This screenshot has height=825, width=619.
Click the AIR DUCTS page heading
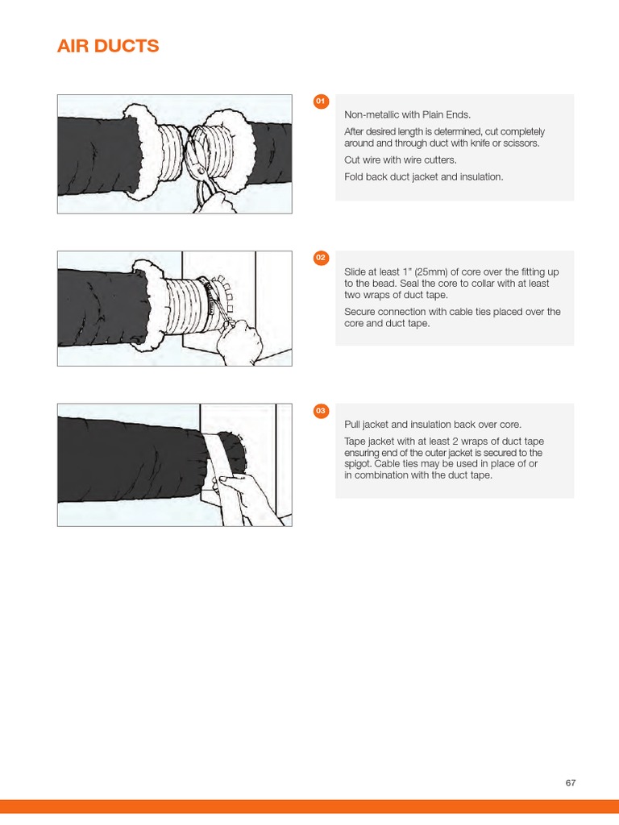click(108, 46)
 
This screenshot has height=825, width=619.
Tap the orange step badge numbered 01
click(321, 101)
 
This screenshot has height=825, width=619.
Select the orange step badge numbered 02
click(321, 258)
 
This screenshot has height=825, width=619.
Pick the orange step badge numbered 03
click(321, 411)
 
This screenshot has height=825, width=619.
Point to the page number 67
click(571, 783)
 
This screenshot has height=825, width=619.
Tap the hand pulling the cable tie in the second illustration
click(239, 342)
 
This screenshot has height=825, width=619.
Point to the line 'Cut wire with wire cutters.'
click(401, 160)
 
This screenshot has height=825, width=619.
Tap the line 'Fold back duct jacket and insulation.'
click(424, 176)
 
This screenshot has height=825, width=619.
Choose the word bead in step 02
click(384, 284)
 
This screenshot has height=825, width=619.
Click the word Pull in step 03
click(352, 425)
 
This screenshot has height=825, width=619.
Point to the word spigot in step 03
click(357, 464)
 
